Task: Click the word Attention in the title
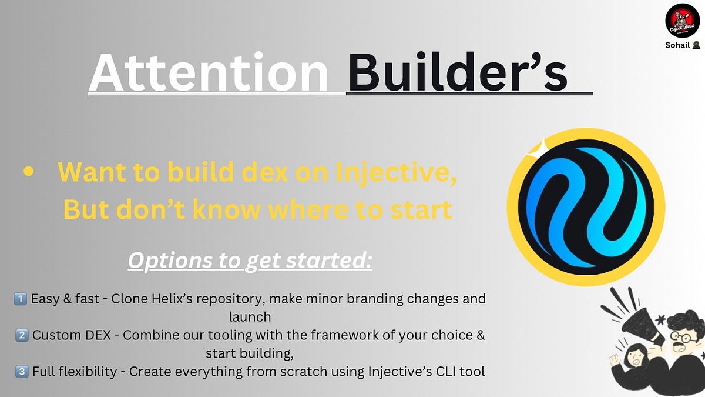[x=209, y=72]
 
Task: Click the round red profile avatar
[x=682, y=21]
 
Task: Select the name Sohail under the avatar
[x=677, y=45]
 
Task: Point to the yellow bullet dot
[x=29, y=171]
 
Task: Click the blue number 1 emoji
[x=20, y=299]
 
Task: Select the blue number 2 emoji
[x=22, y=335]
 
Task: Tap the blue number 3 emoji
[x=22, y=372]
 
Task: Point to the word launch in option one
[x=250, y=317]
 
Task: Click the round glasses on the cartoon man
[x=684, y=338]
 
